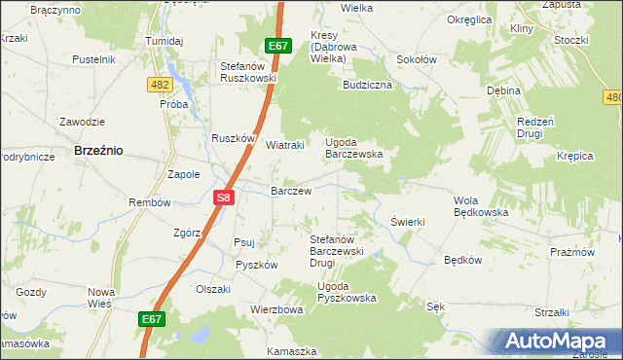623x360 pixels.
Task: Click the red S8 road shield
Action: pyautogui.click(x=223, y=198)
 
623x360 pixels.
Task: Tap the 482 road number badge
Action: pyautogui.click(x=161, y=86)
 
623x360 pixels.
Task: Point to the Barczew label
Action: pyautogui.click(x=291, y=192)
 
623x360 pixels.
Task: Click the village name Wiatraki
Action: pyautogui.click(x=285, y=145)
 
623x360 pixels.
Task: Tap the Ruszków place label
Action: pyautogui.click(x=233, y=138)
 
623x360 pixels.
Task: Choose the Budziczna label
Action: pyautogui.click(x=367, y=85)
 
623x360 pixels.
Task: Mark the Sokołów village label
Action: pyautogui.click(x=417, y=59)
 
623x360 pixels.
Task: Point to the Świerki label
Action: pyautogui.click(x=408, y=222)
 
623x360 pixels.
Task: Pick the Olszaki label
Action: pyautogui.click(x=213, y=289)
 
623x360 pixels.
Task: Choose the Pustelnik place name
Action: pyautogui.click(x=94, y=59)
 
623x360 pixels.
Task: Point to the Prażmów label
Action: pyautogui.click(x=571, y=252)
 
